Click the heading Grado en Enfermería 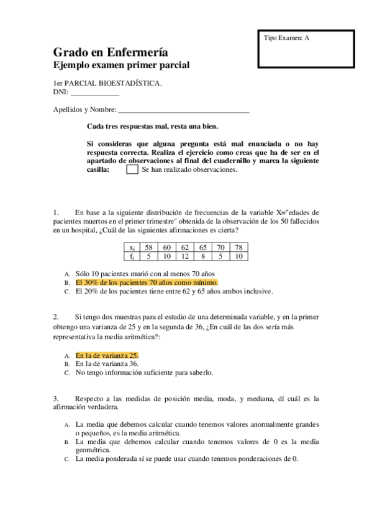[x=110, y=52]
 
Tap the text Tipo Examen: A [x=286, y=38]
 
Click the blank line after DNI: [x=94, y=93]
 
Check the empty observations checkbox [x=132, y=169]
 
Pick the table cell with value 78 [x=239, y=247]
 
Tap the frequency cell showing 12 [x=185, y=255]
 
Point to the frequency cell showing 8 [x=203, y=255]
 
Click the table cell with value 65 [x=203, y=247]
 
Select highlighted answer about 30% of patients [x=147, y=282]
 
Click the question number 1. [x=55, y=213]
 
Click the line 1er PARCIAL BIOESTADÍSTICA [x=107, y=84]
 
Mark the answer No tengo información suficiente [x=144, y=373]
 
